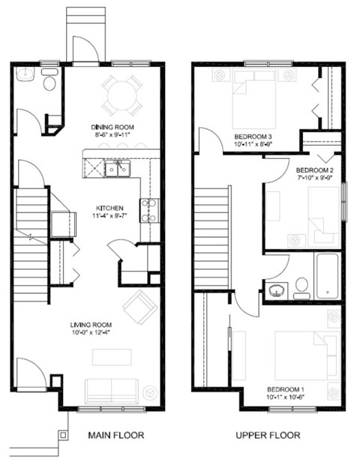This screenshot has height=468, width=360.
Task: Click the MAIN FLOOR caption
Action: click(115, 435)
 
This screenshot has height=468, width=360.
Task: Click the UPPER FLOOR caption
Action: click(268, 435)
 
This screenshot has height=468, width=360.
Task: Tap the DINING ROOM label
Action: click(112, 127)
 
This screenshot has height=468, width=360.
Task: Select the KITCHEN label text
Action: click(109, 208)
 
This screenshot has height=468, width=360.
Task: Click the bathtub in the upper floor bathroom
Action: click(327, 276)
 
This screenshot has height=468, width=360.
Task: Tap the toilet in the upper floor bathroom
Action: click(301, 285)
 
